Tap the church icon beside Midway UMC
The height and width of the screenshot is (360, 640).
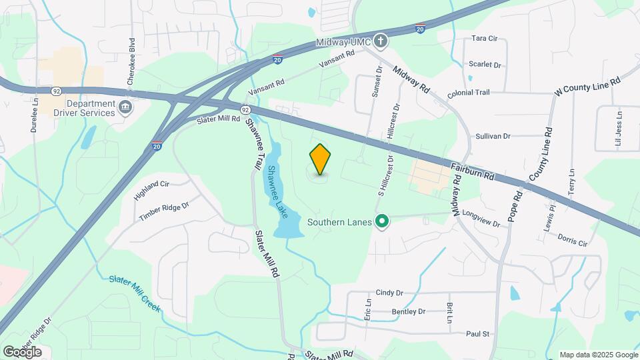tap(381, 41)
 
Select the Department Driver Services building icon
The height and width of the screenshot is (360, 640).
tap(125, 107)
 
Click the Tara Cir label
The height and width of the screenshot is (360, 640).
tap(485, 39)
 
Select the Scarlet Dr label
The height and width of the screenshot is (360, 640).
tap(484, 65)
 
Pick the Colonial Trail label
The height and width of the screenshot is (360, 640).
tap(469, 95)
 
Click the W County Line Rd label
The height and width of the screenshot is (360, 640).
tap(587, 87)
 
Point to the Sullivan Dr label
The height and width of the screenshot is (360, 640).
tap(493, 136)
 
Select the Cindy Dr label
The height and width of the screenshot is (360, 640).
tap(390, 292)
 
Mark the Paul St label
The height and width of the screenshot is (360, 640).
tap(478, 333)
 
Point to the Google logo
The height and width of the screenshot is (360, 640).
tap(22, 351)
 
